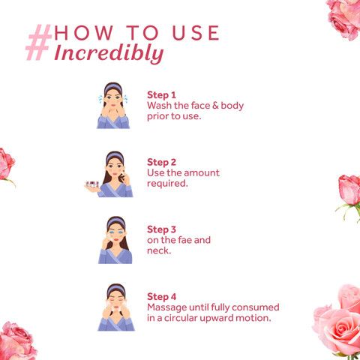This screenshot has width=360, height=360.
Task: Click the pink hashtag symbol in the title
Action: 39,42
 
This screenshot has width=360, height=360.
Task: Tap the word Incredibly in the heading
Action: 109,53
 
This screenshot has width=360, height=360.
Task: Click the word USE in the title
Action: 196,33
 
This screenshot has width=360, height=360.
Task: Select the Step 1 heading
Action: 161,95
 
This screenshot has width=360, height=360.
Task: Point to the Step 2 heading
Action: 161,162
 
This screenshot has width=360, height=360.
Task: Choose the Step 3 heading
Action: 161,229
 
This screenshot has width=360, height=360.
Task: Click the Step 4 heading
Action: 161,297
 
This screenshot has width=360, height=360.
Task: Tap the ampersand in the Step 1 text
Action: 215,106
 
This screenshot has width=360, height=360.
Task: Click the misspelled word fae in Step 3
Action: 184,240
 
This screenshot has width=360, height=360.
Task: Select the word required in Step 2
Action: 167,184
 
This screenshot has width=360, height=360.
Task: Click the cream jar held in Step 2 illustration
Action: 92,184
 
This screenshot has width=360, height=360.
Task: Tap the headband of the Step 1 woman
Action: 113,88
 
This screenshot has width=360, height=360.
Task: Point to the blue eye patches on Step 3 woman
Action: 116,232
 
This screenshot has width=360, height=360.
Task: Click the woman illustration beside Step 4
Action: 116,307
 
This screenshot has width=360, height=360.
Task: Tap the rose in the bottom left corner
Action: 17,341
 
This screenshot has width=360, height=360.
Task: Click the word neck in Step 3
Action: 158,250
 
